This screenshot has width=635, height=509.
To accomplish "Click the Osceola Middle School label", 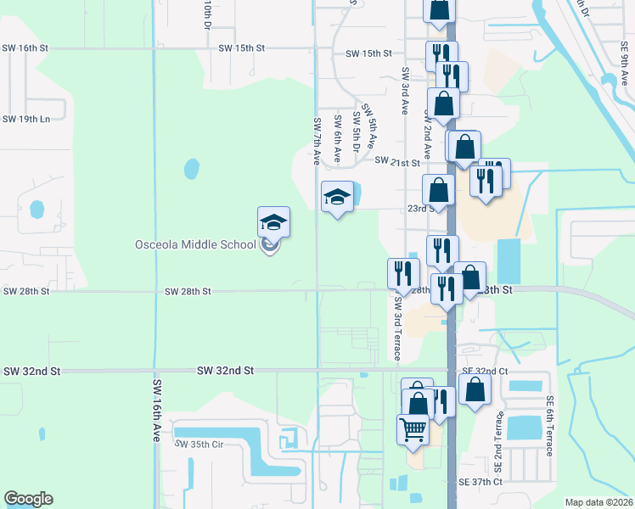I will click(x=195, y=245).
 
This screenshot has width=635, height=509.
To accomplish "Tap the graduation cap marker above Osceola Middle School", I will click(x=273, y=222).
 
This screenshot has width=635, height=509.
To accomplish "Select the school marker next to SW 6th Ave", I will click(x=337, y=197).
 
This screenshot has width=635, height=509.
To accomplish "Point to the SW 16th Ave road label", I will click(x=157, y=410).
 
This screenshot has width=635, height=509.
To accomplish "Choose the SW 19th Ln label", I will click(x=26, y=119).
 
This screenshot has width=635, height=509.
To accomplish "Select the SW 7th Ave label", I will click(x=316, y=142).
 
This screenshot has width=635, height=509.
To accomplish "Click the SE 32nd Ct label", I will click(x=484, y=372).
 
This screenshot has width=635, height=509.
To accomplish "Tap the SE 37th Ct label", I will click(x=480, y=481).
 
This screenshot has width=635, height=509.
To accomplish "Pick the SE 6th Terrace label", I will click(x=550, y=426).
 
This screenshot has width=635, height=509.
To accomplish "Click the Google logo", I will click(x=28, y=499).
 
